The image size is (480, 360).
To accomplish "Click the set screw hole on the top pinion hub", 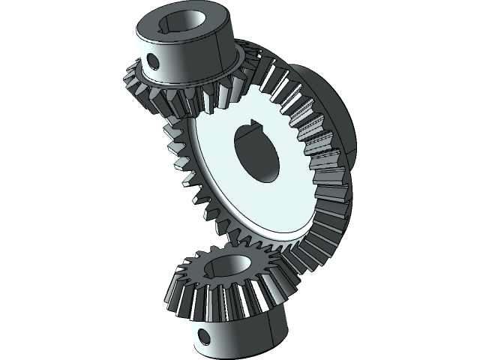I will click(154, 58).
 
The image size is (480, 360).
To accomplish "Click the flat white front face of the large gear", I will click(225, 202).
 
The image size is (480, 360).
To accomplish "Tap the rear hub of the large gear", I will click(337, 112).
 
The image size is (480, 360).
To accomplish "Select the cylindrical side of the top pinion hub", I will click(187, 64).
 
